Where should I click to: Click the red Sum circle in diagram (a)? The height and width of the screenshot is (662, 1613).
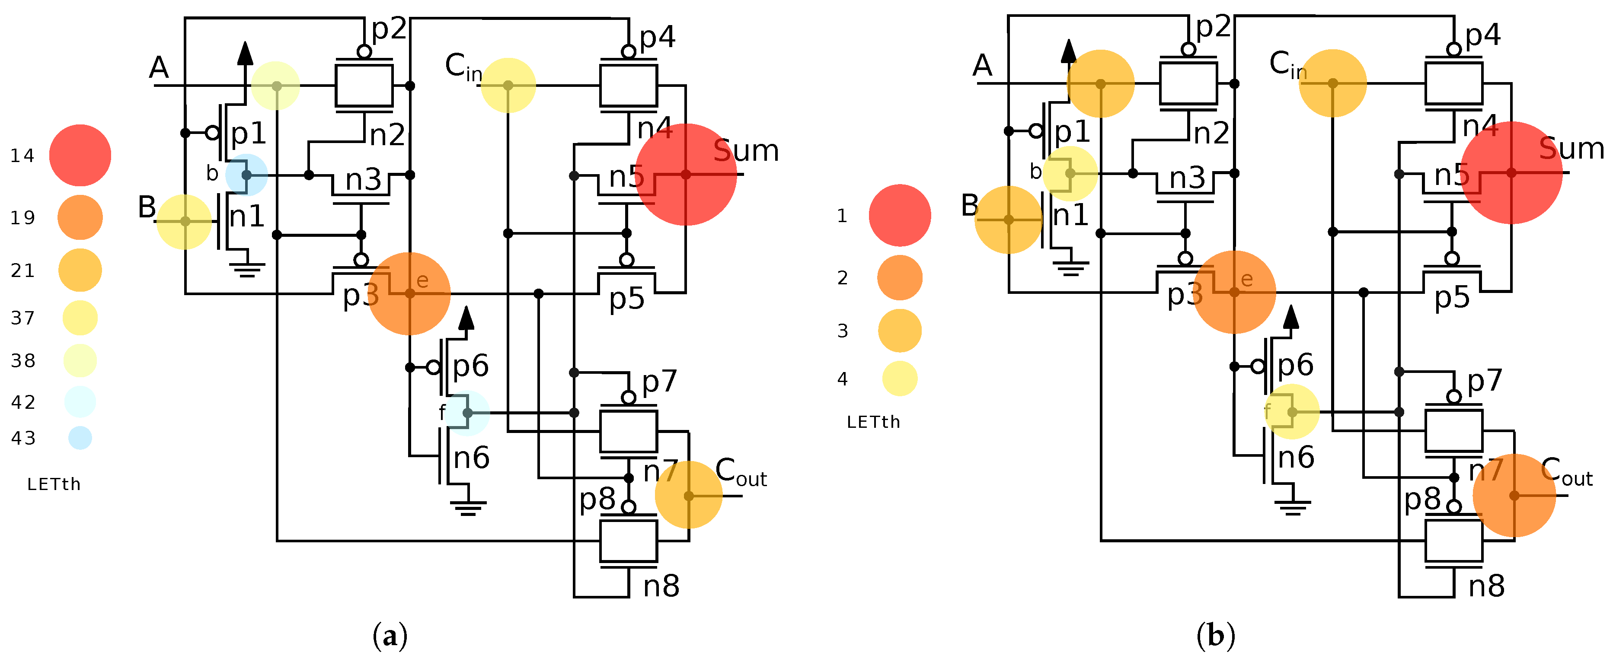(x=686, y=175)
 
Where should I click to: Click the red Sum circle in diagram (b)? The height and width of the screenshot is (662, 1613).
(x=1511, y=173)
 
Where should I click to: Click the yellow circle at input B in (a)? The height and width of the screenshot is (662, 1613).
(x=184, y=222)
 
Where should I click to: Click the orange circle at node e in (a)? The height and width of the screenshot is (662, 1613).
(x=409, y=293)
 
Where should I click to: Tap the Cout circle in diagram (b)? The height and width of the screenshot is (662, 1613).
(x=1514, y=496)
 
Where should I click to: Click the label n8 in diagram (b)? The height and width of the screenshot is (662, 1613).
(x=1486, y=587)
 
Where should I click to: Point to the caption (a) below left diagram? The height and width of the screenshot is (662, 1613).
(x=390, y=637)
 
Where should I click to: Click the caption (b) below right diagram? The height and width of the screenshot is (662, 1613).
(x=1215, y=637)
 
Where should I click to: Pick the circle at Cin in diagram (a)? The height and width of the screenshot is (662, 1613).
(x=508, y=85)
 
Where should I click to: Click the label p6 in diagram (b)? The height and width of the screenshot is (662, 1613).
(x=1295, y=365)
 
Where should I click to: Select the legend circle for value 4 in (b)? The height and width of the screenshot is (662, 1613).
(x=900, y=379)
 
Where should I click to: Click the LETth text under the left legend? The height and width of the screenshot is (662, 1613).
(x=54, y=484)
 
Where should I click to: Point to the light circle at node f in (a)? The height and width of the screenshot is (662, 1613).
(x=468, y=413)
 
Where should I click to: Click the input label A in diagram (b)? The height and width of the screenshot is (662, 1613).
(x=982, y=65)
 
